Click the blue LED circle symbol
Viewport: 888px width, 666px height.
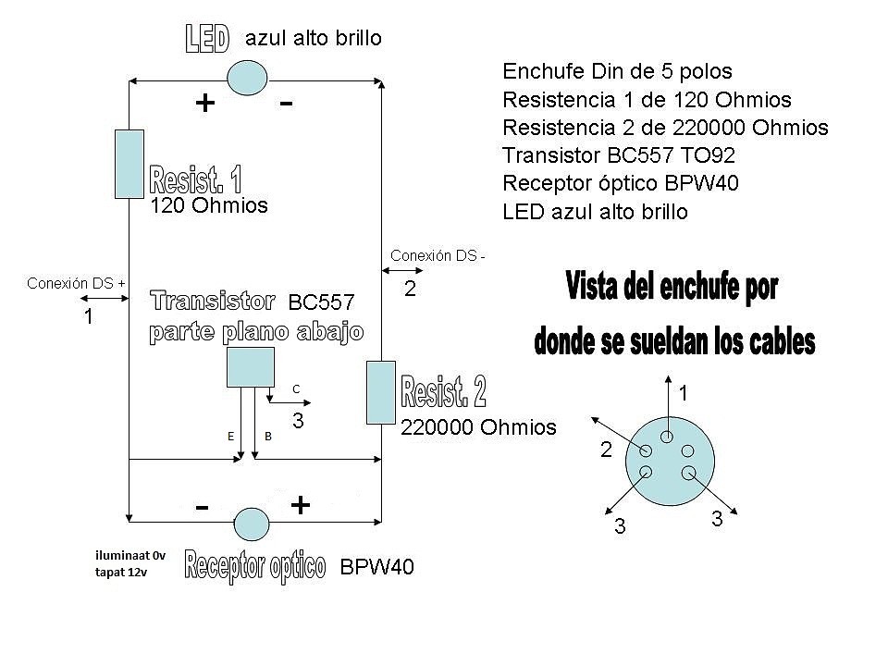247,78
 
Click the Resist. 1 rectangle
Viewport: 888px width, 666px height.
129,165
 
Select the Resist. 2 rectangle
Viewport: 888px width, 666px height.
380,392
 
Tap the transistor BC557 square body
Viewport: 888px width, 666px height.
251,367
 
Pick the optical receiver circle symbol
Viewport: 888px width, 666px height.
252,524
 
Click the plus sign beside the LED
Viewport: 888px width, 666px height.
205,103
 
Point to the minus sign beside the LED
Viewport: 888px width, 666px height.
286,103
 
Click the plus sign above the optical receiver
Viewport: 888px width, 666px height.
300,505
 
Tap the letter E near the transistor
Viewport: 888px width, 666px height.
230,436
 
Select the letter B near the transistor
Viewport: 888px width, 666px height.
268,436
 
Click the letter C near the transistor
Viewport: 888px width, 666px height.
296,389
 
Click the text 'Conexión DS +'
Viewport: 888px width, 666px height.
76,283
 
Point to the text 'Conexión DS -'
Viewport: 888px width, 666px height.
438,255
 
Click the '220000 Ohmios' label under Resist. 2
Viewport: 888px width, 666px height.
478,427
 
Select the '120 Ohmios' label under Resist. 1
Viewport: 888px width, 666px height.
208,205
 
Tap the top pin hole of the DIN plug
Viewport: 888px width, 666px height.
667,437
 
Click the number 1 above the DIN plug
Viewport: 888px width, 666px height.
684,392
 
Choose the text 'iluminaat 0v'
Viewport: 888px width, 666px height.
130,556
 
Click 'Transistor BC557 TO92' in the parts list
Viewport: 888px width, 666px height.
619,154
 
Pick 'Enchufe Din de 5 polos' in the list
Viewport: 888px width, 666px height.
617,71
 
